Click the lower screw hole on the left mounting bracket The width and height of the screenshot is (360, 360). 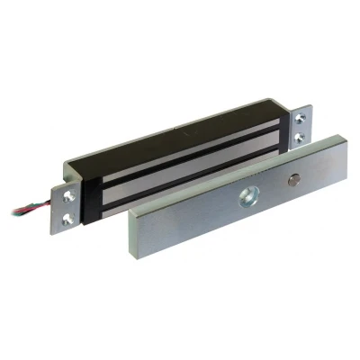69,216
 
